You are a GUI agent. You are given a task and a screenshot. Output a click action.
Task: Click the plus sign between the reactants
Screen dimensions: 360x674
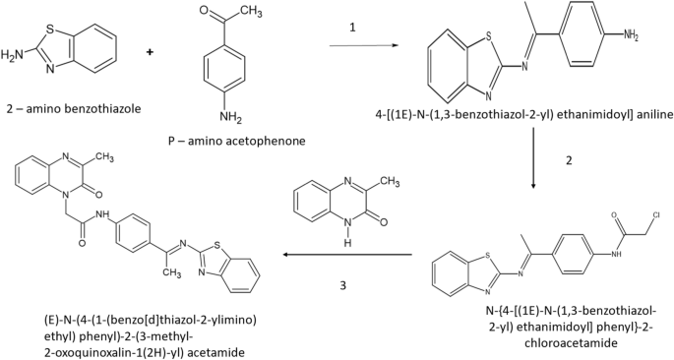(151, 49)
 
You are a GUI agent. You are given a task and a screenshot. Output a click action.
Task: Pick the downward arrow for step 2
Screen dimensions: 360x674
(534, 156)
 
